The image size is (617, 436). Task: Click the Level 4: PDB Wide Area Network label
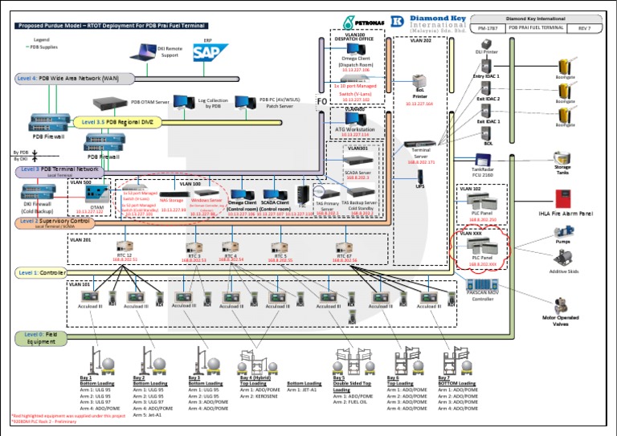coord(64,78)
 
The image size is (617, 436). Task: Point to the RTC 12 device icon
coord(125,246)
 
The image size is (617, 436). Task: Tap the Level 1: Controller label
coord(41,273)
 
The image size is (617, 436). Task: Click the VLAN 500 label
coord(80,182)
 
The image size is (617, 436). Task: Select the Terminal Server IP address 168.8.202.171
coord(420,162)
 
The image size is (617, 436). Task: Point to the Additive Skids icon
coord(563,258)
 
